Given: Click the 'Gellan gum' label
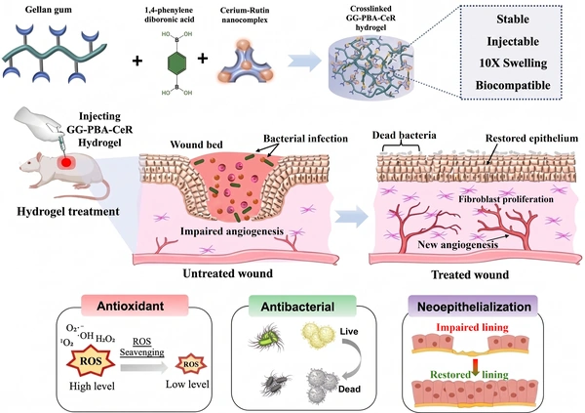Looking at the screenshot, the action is click(x=48, y=9).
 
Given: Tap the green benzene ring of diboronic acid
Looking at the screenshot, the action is click(x=176, y=62).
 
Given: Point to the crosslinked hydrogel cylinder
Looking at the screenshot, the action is click(x=370, y=68).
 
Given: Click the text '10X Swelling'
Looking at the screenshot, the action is click(x=513, y=63).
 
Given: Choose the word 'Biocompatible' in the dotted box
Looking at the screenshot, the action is click(x=513, y=85).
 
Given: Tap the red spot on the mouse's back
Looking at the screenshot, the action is click(x=66, y=162).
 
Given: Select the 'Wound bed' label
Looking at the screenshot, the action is click(x=196, y=145).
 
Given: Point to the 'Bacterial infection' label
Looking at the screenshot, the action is click(x=305, y=139).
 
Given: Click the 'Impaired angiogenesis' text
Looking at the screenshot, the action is click(x=232, y=231).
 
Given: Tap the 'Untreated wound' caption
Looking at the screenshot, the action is click(x=227, y=273).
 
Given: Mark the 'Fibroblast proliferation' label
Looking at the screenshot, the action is click(x=506, y=199).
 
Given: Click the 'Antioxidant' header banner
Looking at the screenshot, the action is click(x=131, y=306).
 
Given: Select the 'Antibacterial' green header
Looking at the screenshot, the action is click(x=297, y=307).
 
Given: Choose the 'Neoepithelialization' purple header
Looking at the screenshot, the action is click(x=474, y=307).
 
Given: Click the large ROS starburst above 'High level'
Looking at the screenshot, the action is click(x=91, y=361).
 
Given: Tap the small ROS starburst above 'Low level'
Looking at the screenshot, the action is click(x=191, y=364).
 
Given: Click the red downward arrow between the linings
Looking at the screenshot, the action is click(x=475, y=367).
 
